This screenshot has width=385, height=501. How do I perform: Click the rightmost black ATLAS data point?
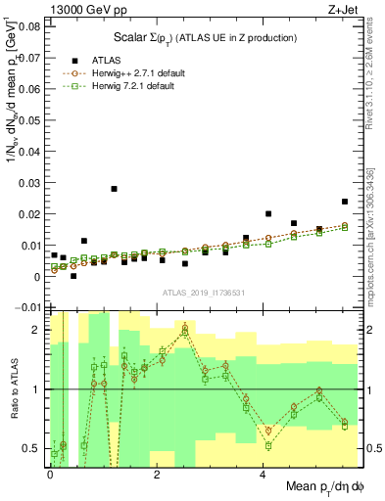[345, 202]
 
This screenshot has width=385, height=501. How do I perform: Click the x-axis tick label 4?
[264, 476]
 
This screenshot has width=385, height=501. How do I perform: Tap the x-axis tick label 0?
[50, 476]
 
